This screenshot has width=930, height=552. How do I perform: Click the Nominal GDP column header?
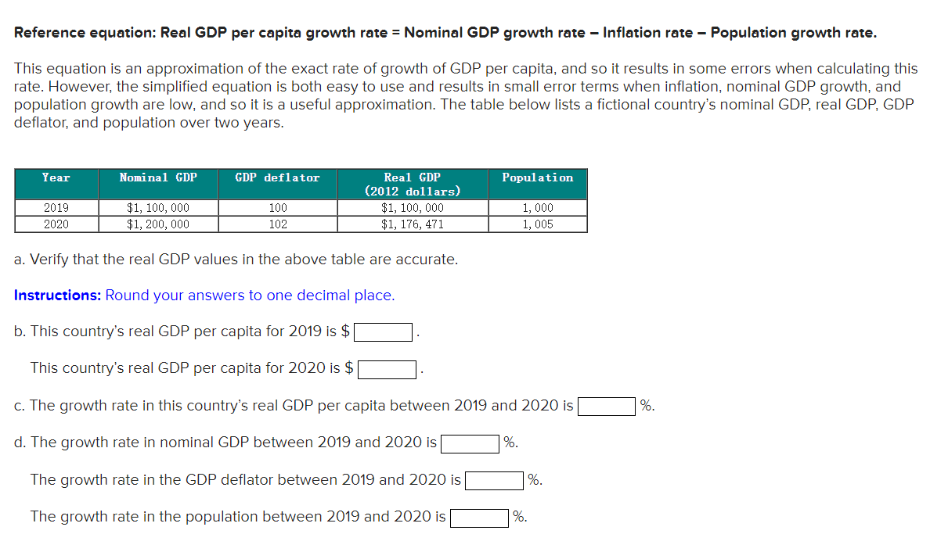coord(158,178)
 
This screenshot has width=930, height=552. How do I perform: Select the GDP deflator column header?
coord(277,178)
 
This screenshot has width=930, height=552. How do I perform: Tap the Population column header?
coord(537,178)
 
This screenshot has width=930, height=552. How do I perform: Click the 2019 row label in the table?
coord(56,208)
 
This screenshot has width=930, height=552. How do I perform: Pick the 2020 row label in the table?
coord(56,224)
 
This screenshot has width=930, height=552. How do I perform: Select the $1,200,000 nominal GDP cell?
coord(158,224)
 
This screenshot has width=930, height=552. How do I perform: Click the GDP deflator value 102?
coord(277,224)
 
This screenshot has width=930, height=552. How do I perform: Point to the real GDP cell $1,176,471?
coord(412,224)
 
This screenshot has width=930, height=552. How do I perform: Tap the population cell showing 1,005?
coord(537,224)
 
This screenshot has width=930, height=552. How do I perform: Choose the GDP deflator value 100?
coord(277,208)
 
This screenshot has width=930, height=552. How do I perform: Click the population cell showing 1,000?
coord(537,208)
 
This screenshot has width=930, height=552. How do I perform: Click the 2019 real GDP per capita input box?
coord(384,332)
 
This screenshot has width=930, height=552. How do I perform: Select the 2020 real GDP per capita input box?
coord(387,369)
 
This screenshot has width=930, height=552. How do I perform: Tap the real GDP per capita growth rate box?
coord(607,407)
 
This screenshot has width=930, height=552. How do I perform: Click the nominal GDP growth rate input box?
coord(470,443)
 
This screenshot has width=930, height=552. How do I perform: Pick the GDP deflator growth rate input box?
coord(494,480)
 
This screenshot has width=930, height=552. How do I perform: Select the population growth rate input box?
coord(479,518)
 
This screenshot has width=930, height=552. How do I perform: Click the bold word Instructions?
coord(58,296)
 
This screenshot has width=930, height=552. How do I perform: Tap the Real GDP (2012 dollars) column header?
coord(412,185)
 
